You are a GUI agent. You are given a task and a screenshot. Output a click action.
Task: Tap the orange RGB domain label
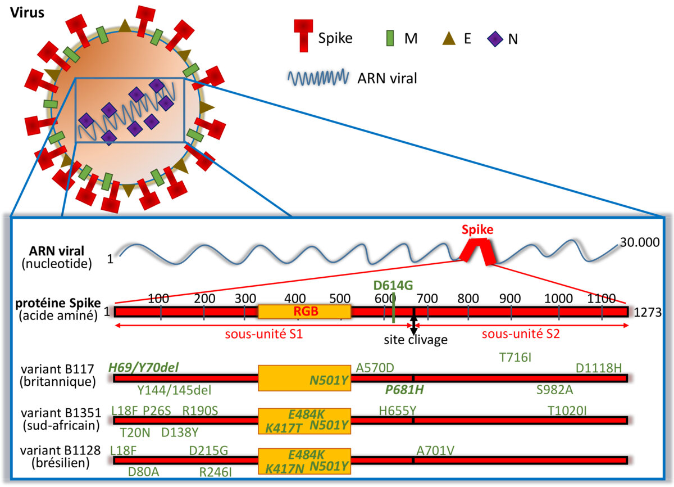[304, 311]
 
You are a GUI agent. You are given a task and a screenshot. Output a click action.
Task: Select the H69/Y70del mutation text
[143, 368]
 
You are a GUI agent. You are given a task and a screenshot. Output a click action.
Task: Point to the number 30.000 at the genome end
[640, 243]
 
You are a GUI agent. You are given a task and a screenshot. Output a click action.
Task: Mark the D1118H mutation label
[599, 368]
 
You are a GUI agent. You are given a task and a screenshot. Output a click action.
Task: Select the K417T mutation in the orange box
[285, 429]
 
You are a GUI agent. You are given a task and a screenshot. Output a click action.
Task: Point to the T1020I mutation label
[567, 411]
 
